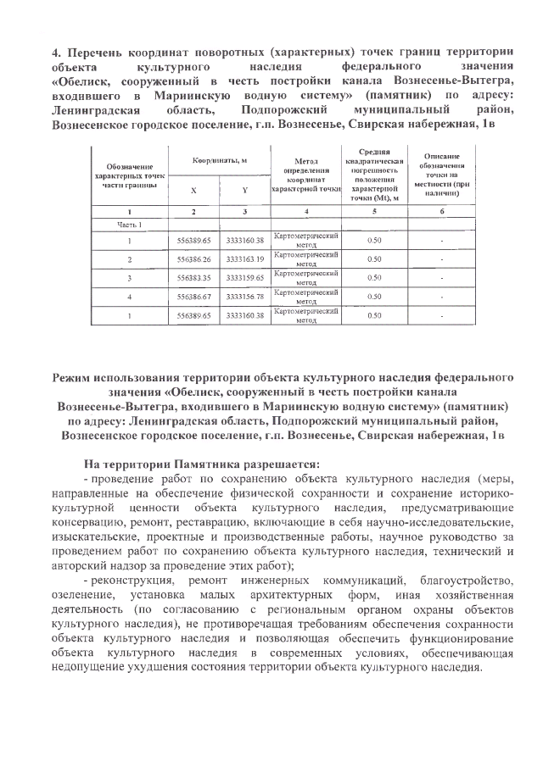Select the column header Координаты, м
click(219, 160)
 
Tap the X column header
click(193, 191)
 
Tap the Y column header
click(245, 191)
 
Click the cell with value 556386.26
click(193, 258)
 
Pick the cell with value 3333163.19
click(245, 258)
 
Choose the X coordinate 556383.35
click(193, 277)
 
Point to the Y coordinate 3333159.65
click(245, 277)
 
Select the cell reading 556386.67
click(193, 296)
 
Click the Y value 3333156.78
click(245, 296)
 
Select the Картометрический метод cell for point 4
click(306, 296)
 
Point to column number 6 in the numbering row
click(442, 210)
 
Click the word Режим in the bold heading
click(76, 375)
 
